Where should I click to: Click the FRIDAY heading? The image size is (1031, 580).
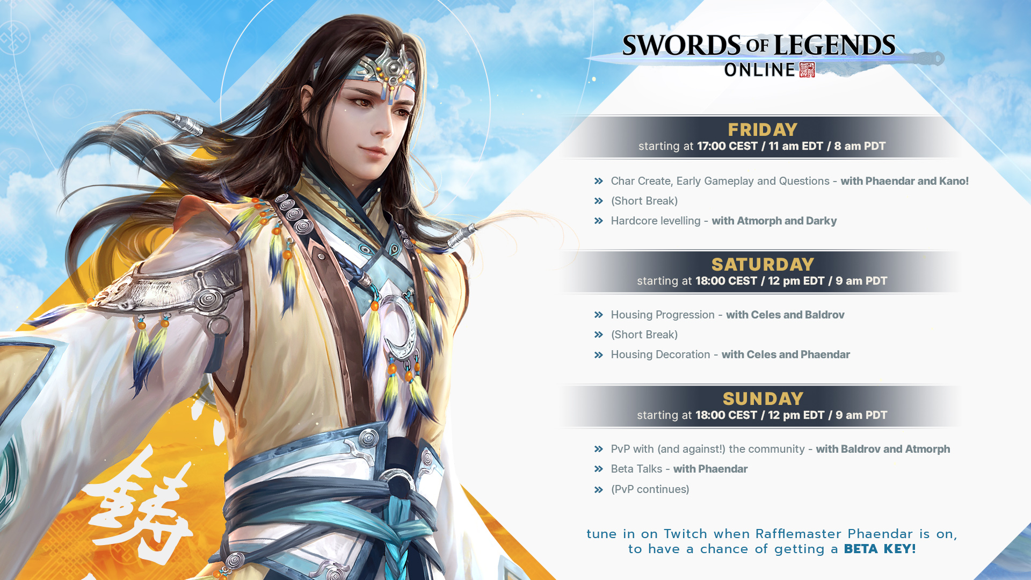click(763, 130)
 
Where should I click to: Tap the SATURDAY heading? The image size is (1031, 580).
click(763, 265)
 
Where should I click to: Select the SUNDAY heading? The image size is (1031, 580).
click(763, 399)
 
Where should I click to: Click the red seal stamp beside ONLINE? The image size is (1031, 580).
click(807, 70)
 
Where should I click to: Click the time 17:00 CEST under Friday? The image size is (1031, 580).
click(727, 146)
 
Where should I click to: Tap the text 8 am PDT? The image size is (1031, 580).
click(860, 146)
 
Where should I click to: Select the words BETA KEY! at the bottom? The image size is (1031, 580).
click(880, 549)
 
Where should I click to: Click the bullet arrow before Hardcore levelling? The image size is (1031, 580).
click(599, 221)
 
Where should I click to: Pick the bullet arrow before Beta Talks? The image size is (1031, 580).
click(599, 469)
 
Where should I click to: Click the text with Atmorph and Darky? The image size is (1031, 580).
click(774, 221)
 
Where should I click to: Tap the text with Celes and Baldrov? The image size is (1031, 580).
click(785, 315)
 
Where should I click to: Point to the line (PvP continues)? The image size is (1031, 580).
click(650, 489)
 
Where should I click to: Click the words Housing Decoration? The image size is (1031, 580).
click(660, 354)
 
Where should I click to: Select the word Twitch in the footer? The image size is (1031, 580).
click(685, 534)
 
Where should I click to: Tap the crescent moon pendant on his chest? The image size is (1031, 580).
click(401, 328)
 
